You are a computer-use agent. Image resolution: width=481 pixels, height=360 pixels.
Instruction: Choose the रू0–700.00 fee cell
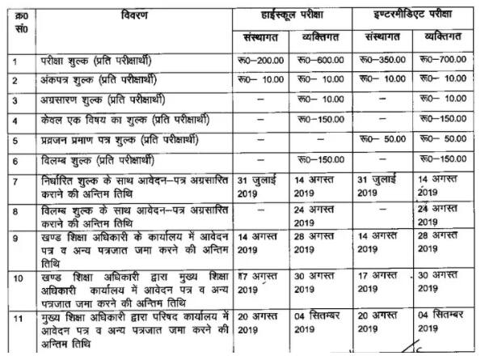click(x=444, y=61)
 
